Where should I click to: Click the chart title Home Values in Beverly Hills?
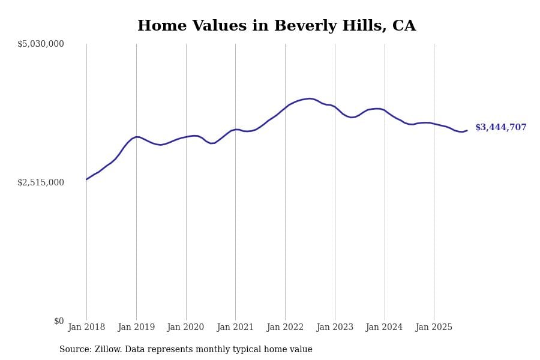coord(276,26)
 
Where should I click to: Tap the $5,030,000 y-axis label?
coord(41,44)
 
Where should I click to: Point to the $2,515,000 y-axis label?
coord(41,182)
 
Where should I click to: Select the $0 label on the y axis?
coord(59,321)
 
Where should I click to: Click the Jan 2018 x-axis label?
coord(86,328)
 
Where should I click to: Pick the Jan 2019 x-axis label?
coord(136,328)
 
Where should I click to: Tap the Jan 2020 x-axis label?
coord(186,328)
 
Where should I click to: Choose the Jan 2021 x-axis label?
coord(235,328)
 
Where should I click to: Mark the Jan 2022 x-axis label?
coord(285,328)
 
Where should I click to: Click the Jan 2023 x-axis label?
coord(335,328)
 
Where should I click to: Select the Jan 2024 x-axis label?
coord(385,328)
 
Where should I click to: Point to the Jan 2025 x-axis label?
coord(434,328)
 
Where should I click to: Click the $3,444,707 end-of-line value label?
coord(500,128)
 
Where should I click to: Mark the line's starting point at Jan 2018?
coord(86,179)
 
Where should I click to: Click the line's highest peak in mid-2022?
coord(310,98)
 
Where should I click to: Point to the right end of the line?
coord(467,130)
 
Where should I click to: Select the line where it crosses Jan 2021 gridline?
coord(235,129)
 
